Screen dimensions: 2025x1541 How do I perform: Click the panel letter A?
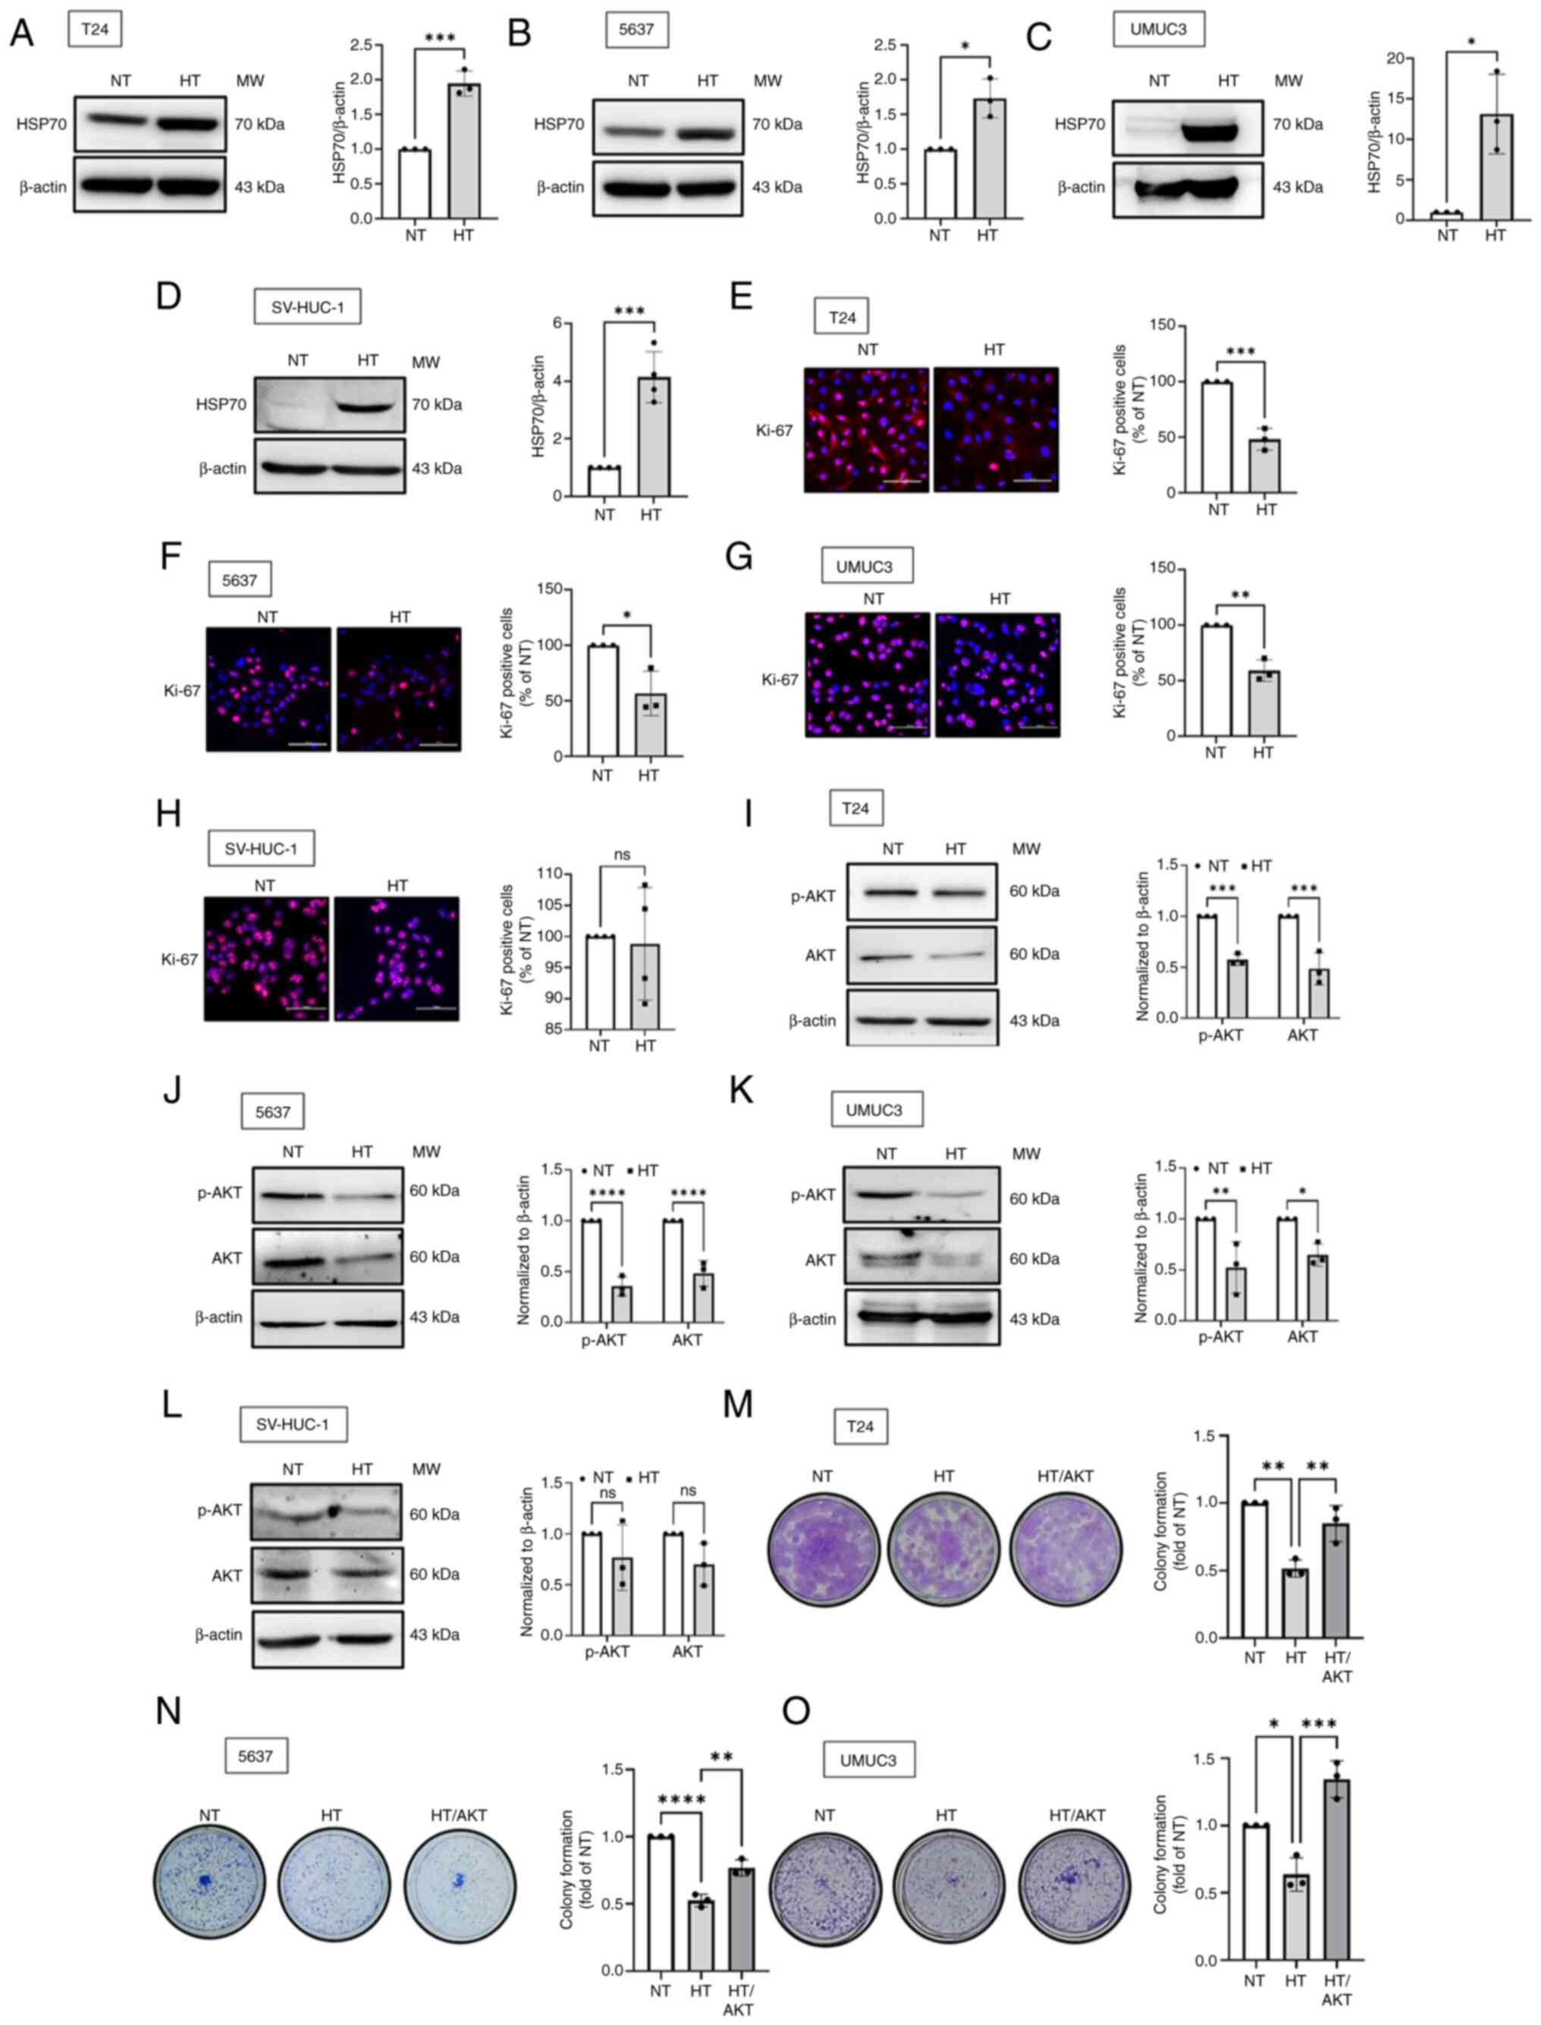click(x=22, y=33)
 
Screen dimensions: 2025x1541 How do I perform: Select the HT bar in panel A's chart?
click(x=463, y=152)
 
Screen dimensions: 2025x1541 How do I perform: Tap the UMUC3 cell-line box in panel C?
click(x=1159, y=30)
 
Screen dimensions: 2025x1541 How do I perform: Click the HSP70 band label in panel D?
click(x=221, y=403)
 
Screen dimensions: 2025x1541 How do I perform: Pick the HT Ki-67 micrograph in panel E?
click(x=996, y=429)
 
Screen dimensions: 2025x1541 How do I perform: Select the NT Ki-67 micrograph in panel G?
click(x=868, y=675)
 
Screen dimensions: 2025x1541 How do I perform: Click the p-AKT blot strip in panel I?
click(x=921, y=891)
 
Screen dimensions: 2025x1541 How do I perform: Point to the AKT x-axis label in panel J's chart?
click(x=687, y=1340)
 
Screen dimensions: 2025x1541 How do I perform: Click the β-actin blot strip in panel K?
click(x=921, y=1319)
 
